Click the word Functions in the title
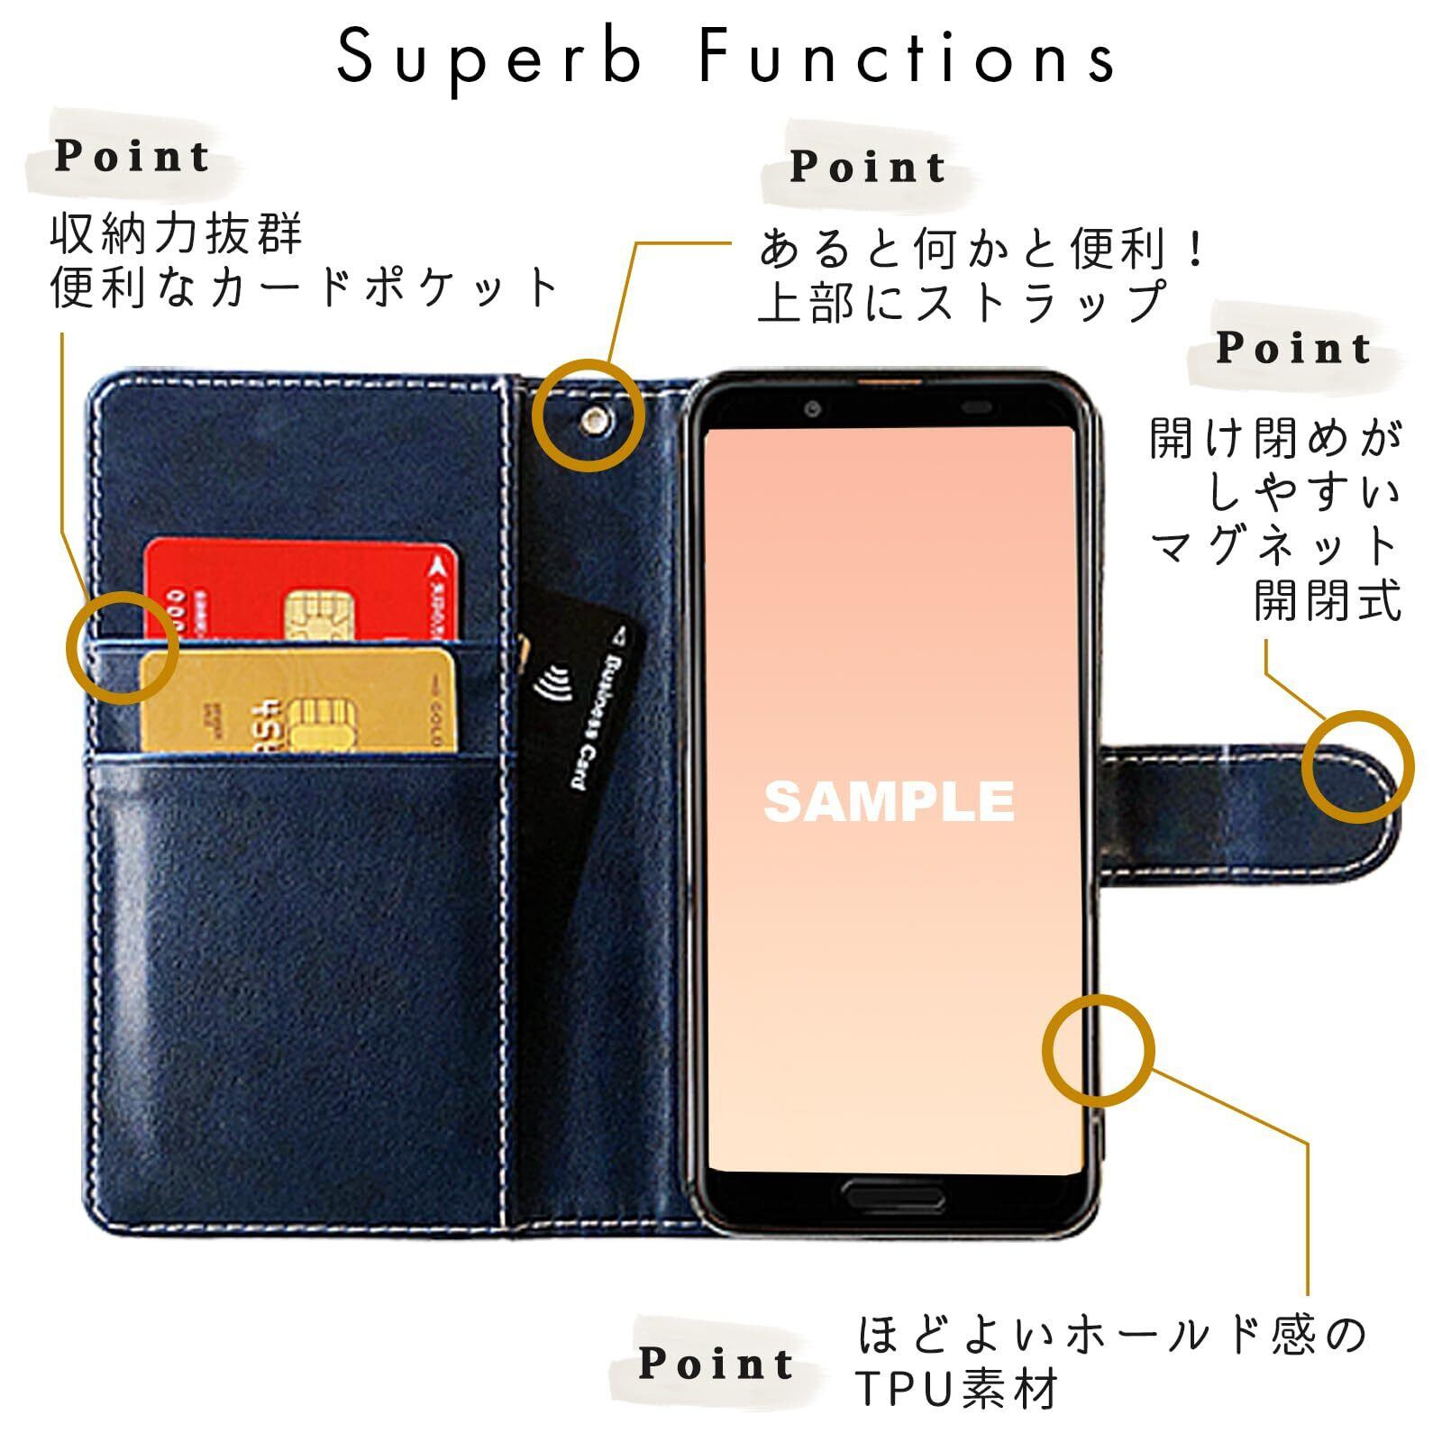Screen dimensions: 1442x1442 point(906,57)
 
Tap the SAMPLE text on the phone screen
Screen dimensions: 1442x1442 point(889,801)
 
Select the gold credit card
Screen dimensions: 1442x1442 point(297,698)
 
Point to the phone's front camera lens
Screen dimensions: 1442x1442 point(813,409)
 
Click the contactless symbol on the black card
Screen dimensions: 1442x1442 point(547,685)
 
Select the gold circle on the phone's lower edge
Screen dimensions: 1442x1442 point(1098,1051)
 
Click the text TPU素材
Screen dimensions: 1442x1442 point(956,1389)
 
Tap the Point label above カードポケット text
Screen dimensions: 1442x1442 point(132,156)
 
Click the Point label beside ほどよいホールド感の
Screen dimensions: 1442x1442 point(716,1363)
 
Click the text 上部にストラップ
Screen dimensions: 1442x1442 point(963,302)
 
